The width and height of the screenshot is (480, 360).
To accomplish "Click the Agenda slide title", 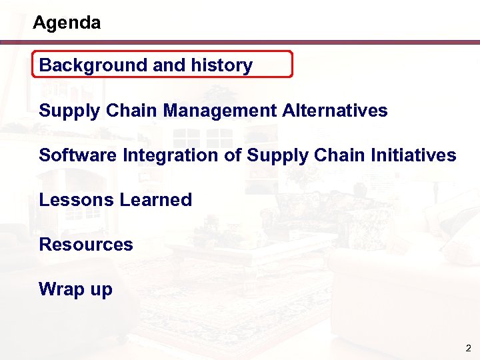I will coord(67,23).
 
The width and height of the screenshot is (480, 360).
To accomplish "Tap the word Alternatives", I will coord(335,110).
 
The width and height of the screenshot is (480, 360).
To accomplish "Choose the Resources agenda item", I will coord(86,245).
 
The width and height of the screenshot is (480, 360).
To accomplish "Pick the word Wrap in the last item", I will coord(58,289).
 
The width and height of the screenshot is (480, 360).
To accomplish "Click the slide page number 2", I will coord(468,349).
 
